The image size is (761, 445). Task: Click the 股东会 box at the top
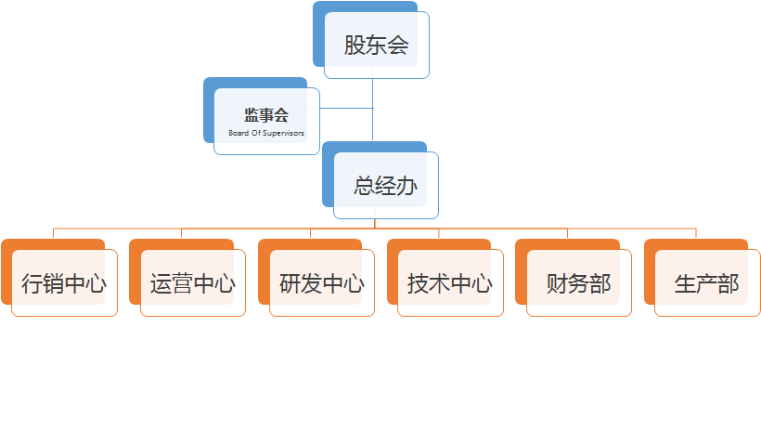376,45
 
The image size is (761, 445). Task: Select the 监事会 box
266,115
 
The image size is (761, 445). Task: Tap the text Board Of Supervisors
266,133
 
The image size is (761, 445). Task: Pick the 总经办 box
385,185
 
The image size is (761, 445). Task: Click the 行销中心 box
64,283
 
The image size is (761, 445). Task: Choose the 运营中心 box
192,283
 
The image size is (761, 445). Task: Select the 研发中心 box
321,283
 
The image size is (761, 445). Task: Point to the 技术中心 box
450,283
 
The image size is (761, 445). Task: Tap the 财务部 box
578,283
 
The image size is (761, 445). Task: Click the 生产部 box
706,283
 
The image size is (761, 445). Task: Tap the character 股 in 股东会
354,45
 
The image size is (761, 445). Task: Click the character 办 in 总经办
406,185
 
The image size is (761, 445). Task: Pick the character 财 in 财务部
557,283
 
